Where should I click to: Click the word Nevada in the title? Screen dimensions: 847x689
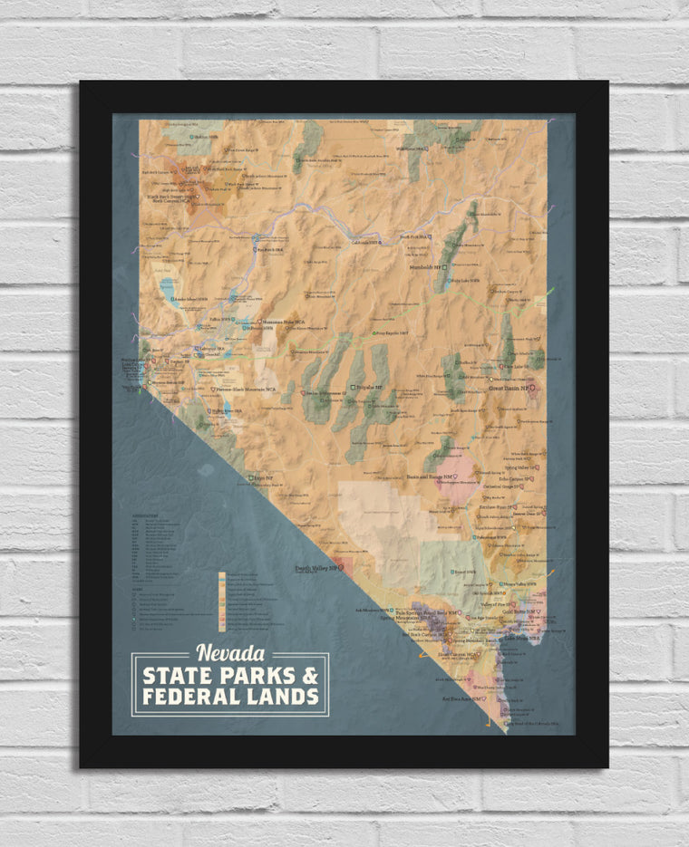click(x=230, y=652)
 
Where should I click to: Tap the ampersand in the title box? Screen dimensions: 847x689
click(x=309, y=675)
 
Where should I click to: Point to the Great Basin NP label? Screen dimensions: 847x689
click(x=509, y=388)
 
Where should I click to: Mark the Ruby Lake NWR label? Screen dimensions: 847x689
click(x=462, y=281)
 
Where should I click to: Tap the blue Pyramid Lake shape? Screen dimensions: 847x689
click(x=168, y=289)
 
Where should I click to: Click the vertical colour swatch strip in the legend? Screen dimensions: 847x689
click(x=220, y=602)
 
